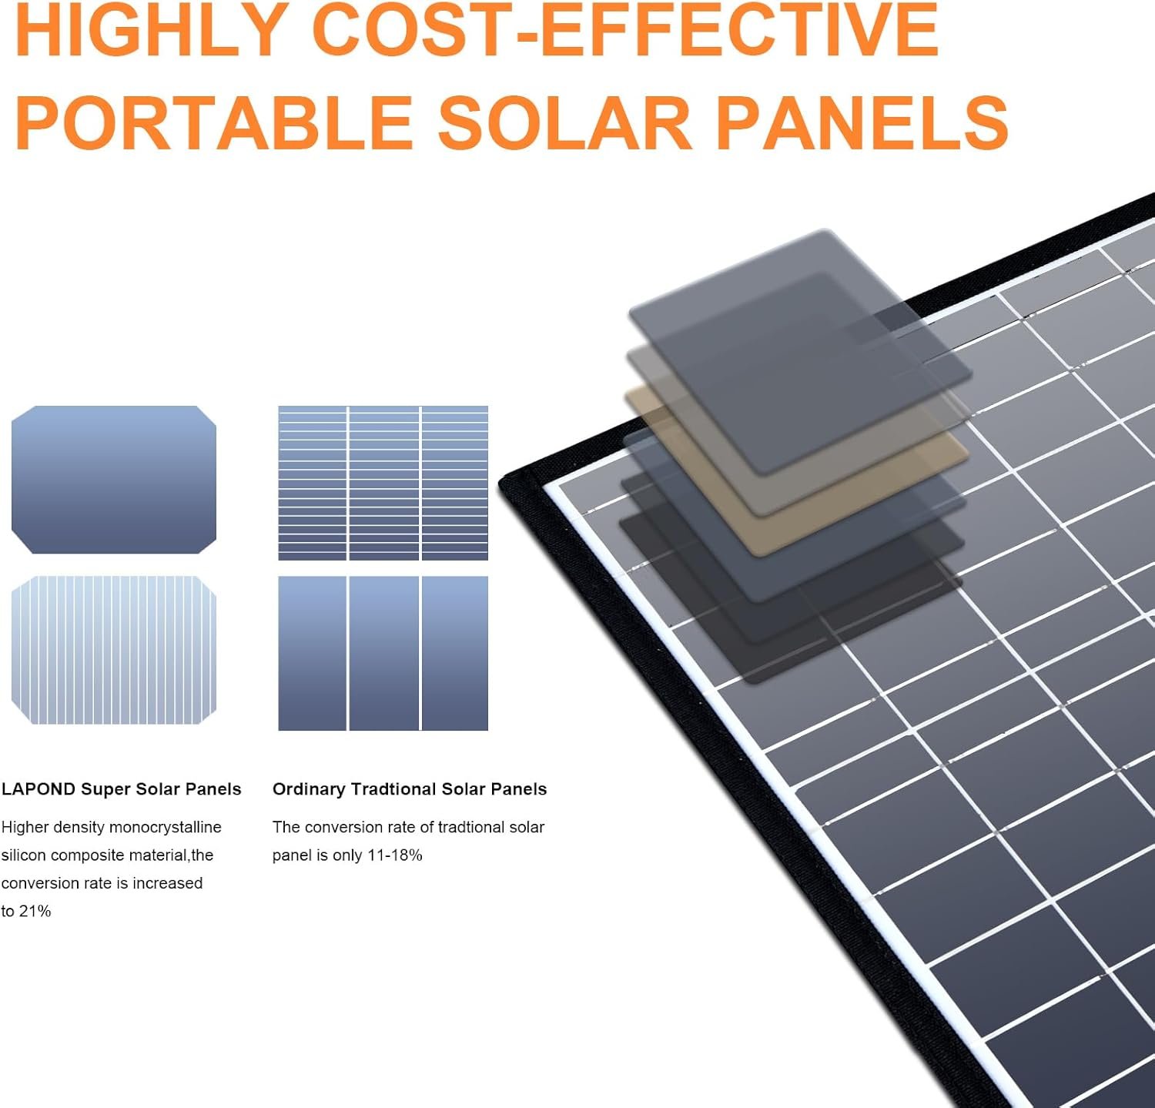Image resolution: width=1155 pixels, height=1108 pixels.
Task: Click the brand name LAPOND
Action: pyautogui.click(x=38, y=789)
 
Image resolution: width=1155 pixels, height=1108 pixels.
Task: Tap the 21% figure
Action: pyautogui.click(x=35, y=912)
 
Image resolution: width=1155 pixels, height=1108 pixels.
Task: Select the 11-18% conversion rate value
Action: pyautogui.click(x=394, y=855)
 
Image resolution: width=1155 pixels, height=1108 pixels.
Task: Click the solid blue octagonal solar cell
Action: pyautogui.click(x=114, y=480)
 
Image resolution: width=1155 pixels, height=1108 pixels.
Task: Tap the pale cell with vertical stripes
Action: pyautogui.click(x=114, y=650)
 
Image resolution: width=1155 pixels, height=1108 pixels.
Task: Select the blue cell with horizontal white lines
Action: pyautogui.click(x=383, y=483)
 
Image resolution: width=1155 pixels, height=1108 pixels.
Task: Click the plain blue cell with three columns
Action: pyautogui.click(x=383, y=653)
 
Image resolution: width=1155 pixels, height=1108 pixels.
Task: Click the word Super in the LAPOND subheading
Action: pyautogui.click(x=105, y=790)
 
